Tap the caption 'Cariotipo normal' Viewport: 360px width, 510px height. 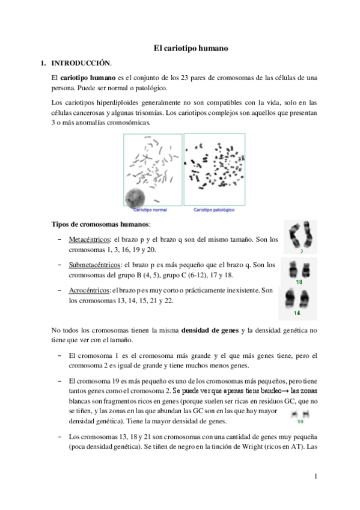[150, 210]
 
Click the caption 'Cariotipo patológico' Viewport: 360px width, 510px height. [213, 210]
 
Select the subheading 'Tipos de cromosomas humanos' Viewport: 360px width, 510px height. [100, 224]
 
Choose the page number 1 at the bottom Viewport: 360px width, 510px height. [314, 478]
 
